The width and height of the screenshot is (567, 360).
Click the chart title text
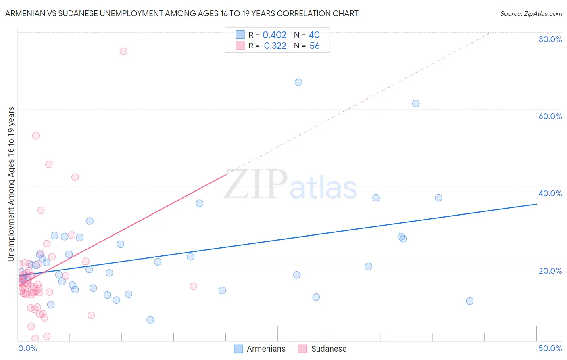point(181,13)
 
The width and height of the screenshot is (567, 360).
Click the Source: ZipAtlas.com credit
point(531,13)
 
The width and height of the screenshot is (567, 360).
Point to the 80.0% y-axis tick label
point(550,39)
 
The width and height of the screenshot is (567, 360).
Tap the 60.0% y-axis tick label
point(550,116)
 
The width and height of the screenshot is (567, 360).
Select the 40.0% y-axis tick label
point(550,193)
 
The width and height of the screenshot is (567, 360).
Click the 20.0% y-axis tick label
point(550,271)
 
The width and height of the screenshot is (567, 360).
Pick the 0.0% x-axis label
point(27,348)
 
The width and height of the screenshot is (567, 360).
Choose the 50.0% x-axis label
point(550,348)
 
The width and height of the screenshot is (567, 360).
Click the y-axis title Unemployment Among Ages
point(11,184)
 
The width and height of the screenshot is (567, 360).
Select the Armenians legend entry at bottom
point(260,349)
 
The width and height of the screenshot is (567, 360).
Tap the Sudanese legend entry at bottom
point(323,349)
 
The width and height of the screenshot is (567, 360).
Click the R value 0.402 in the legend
point(274,35)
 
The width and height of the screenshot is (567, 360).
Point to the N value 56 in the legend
point(314,46)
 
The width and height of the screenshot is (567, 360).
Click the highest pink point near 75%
point(123,51)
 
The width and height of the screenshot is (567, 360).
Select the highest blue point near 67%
point(298,82)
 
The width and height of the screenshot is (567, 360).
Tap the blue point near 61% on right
point(416,103)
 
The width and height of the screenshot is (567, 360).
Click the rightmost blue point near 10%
point(470,301)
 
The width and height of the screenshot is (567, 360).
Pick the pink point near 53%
point(36,136)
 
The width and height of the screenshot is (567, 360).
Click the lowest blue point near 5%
point(150,320)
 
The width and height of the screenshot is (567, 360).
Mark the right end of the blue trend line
point(536,204)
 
